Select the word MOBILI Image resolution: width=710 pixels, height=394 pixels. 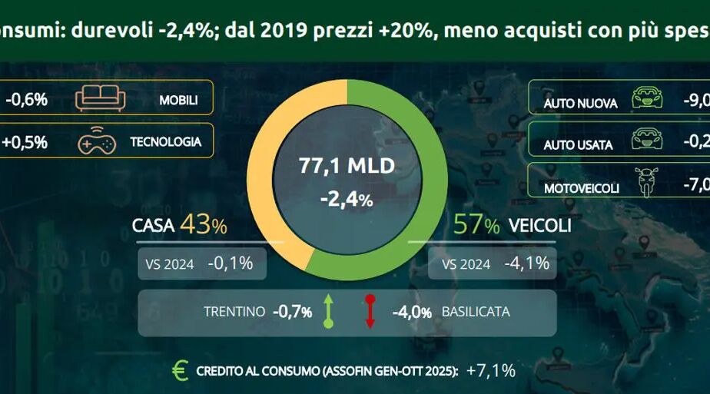178,100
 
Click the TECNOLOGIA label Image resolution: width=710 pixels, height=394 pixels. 165,142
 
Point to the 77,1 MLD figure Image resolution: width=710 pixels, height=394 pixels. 347,165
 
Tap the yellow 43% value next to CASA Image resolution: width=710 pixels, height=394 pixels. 204,226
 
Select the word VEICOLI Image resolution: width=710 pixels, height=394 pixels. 538,226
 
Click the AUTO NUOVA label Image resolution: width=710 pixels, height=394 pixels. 580,102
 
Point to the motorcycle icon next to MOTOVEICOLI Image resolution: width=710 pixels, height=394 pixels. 644,185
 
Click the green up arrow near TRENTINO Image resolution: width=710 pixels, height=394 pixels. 328,312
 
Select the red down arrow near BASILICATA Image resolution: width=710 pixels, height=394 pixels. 370,312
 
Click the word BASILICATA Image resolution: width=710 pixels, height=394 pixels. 476,313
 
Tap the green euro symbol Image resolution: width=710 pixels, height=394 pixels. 180,371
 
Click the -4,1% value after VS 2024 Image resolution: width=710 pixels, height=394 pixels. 526,264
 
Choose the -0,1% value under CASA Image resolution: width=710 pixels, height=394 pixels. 230,264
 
